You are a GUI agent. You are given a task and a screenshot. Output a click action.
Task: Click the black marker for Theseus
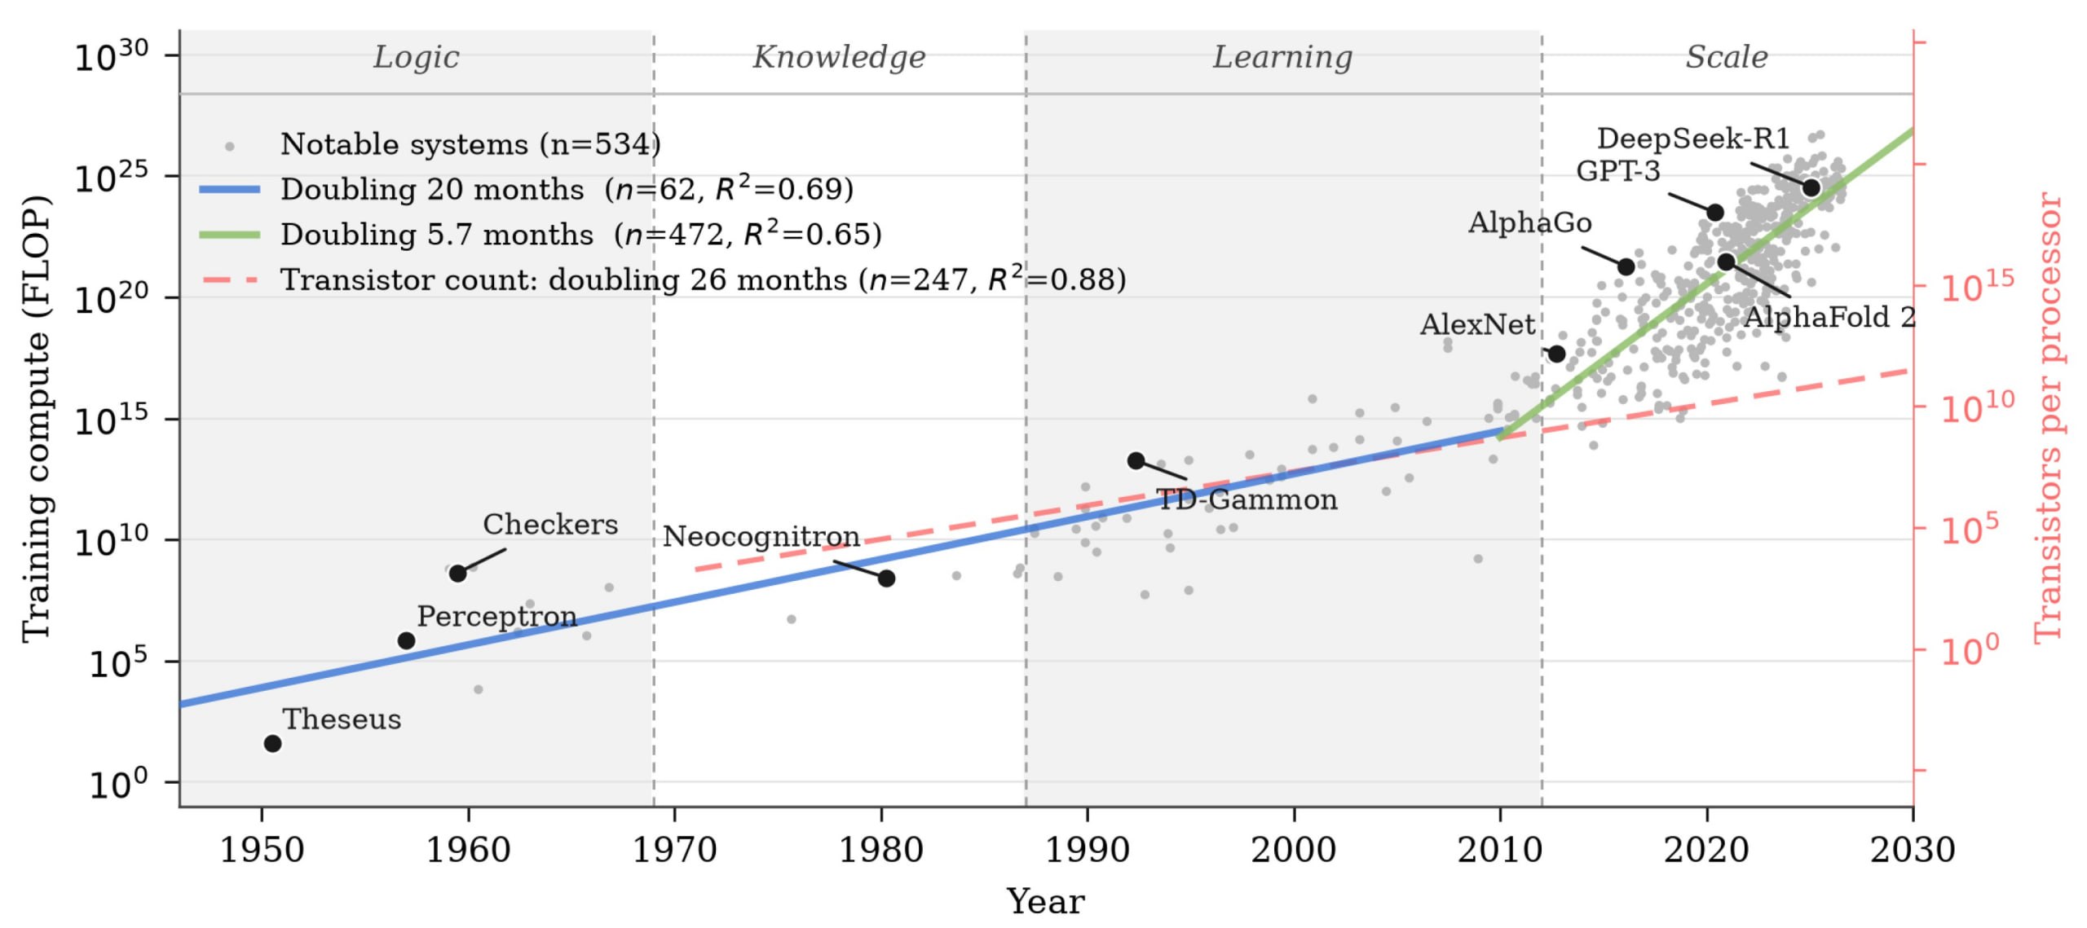[273, 743]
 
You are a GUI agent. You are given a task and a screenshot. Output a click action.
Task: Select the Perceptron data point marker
[406, 640]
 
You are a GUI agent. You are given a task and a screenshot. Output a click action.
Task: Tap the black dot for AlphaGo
[1626, 266]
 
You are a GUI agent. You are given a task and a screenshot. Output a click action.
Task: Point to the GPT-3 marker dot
[1715, 212]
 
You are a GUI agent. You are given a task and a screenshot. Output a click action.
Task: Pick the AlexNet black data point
[1556, 354]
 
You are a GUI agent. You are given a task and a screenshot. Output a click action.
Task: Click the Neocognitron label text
[761, 536]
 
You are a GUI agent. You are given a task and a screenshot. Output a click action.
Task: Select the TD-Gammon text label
[1247, 499]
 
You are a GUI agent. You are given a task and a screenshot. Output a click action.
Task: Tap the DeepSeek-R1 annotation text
[1693, 139]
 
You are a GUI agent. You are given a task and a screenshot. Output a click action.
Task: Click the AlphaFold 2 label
[1829, 317]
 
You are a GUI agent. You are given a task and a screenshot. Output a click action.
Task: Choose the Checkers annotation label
[550, 524]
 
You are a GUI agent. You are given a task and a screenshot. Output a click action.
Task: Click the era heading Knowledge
[839, 57]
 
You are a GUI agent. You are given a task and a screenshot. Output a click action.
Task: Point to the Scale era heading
[1727, 57]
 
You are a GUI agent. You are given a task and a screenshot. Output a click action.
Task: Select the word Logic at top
[416, 57]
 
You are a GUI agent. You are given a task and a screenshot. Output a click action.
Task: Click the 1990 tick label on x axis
[1088, 850]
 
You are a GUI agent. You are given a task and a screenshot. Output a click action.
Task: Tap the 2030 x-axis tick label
[1913, 850]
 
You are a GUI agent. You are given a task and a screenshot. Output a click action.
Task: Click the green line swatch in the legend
[230, 235]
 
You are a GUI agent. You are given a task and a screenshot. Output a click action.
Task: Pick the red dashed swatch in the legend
[230, 280]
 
